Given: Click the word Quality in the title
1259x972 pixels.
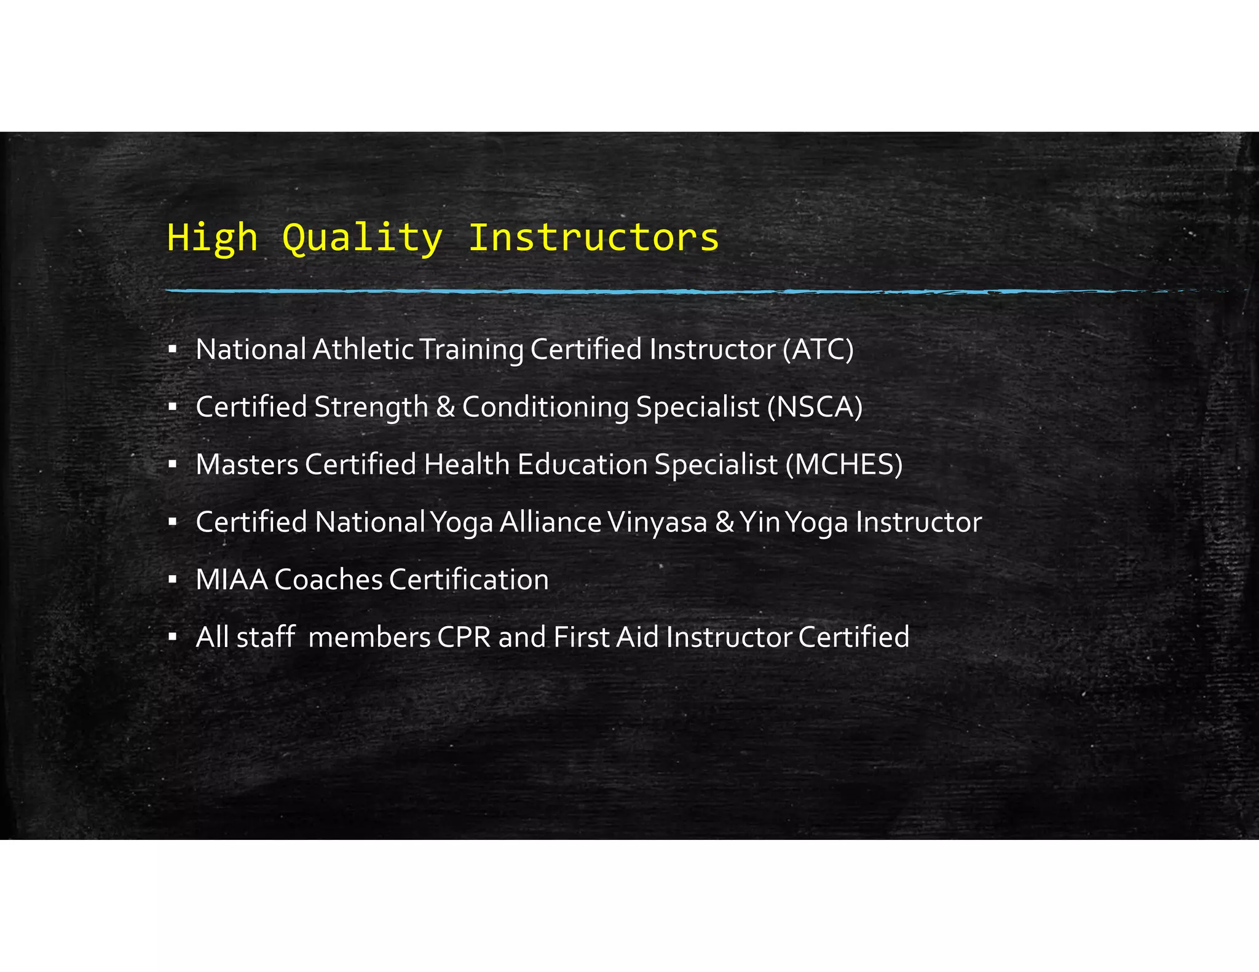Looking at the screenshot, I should (362, 238).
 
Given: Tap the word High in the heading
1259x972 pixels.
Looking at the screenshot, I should (212, 238).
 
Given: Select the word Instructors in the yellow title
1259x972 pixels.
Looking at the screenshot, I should (593, 238).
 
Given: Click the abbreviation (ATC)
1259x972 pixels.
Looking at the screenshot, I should (818, 349).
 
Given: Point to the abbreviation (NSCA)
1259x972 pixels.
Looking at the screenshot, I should (815, 407).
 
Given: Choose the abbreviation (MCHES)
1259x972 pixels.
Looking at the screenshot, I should (844, 464).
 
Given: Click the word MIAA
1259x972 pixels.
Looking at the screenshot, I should (232, 579).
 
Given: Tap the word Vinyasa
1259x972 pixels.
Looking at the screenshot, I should (657, 522).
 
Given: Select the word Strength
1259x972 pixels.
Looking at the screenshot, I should (371, 407).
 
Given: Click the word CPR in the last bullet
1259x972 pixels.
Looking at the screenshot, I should (464, 637).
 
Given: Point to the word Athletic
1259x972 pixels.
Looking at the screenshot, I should (363, 349).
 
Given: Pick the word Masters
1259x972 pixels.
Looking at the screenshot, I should (247, 464).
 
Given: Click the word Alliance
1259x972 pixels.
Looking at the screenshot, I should (550, 522).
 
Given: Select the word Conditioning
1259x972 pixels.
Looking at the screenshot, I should (545, 407).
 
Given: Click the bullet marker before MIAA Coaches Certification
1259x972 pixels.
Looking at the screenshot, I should (173, 579).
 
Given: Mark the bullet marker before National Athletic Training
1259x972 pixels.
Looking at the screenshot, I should (173, 349).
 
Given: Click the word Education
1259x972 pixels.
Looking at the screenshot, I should (582, 464).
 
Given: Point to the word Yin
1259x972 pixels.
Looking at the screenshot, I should (760, 522).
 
